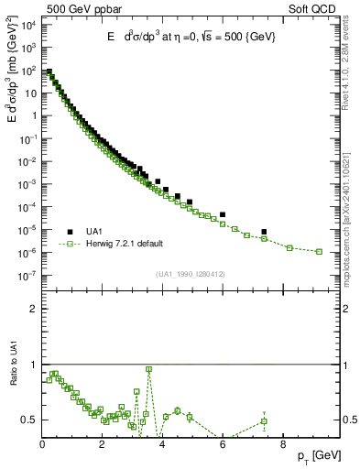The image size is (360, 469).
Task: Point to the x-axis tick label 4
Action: click(x=163, y=448)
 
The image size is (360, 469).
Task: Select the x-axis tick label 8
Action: click(x=283, y=448)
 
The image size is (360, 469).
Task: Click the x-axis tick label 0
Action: click(x=43, y=448)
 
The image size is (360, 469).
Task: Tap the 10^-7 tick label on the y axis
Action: click(x=28, y=275)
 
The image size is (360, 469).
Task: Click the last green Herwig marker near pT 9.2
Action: click(x=319, y=251)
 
